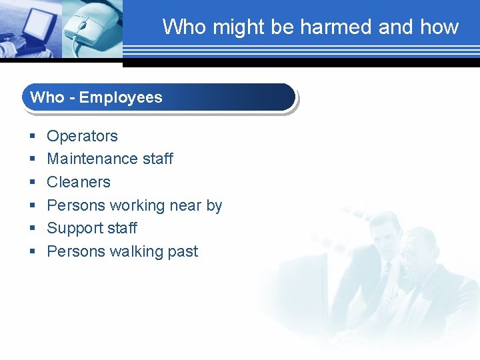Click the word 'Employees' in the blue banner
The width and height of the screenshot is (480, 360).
point(121,97)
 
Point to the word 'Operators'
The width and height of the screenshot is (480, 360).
point(82,136)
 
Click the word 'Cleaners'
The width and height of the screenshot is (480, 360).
point(79,182)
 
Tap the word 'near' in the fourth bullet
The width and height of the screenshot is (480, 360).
point(186,205)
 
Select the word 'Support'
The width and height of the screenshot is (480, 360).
point(75,228)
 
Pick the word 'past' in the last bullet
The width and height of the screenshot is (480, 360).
point(182,252)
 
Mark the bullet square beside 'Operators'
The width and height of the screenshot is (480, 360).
point(32,137)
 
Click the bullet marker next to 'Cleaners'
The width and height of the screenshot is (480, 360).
point(32,183)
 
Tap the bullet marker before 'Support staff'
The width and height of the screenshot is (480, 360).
point(32,229)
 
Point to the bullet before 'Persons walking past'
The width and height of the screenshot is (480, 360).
point(32,252)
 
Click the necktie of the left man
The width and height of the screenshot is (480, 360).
point(385,274)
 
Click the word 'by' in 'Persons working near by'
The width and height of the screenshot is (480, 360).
point(214,205)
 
